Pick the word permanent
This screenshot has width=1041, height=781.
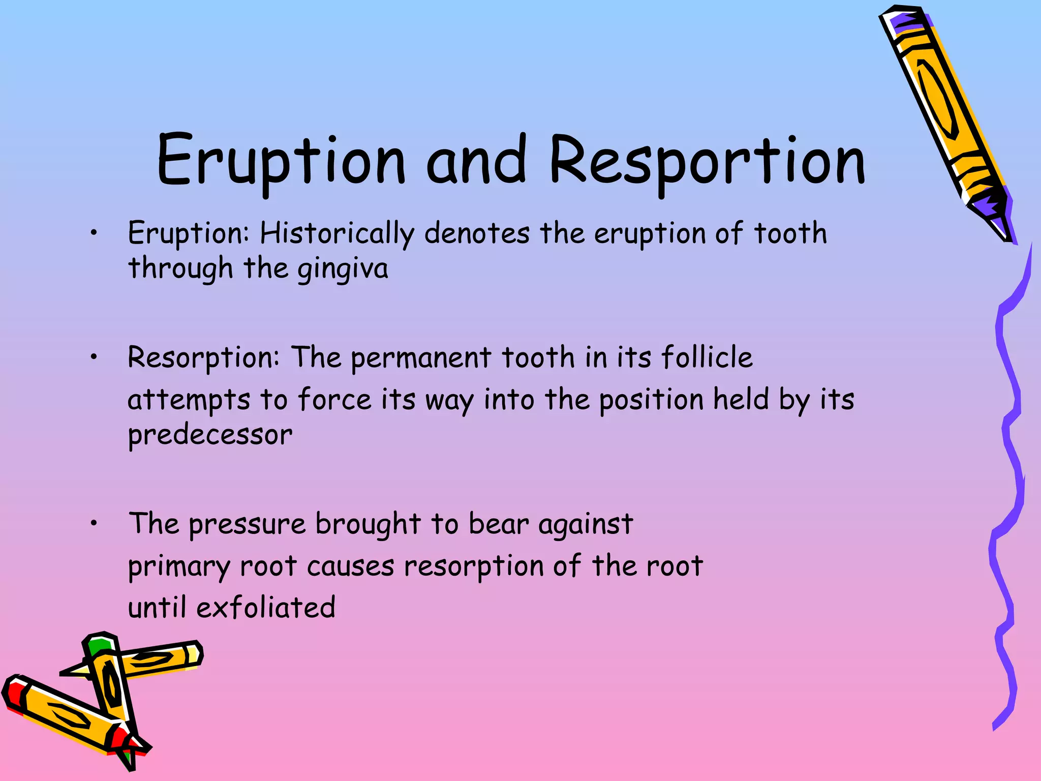coord(420,358)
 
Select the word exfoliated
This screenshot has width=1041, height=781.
coord(265,608)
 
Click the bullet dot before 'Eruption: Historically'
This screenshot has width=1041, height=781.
coord(94,233)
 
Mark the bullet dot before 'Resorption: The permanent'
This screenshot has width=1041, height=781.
coord(94,357)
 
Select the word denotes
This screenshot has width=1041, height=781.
coord(476,234)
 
